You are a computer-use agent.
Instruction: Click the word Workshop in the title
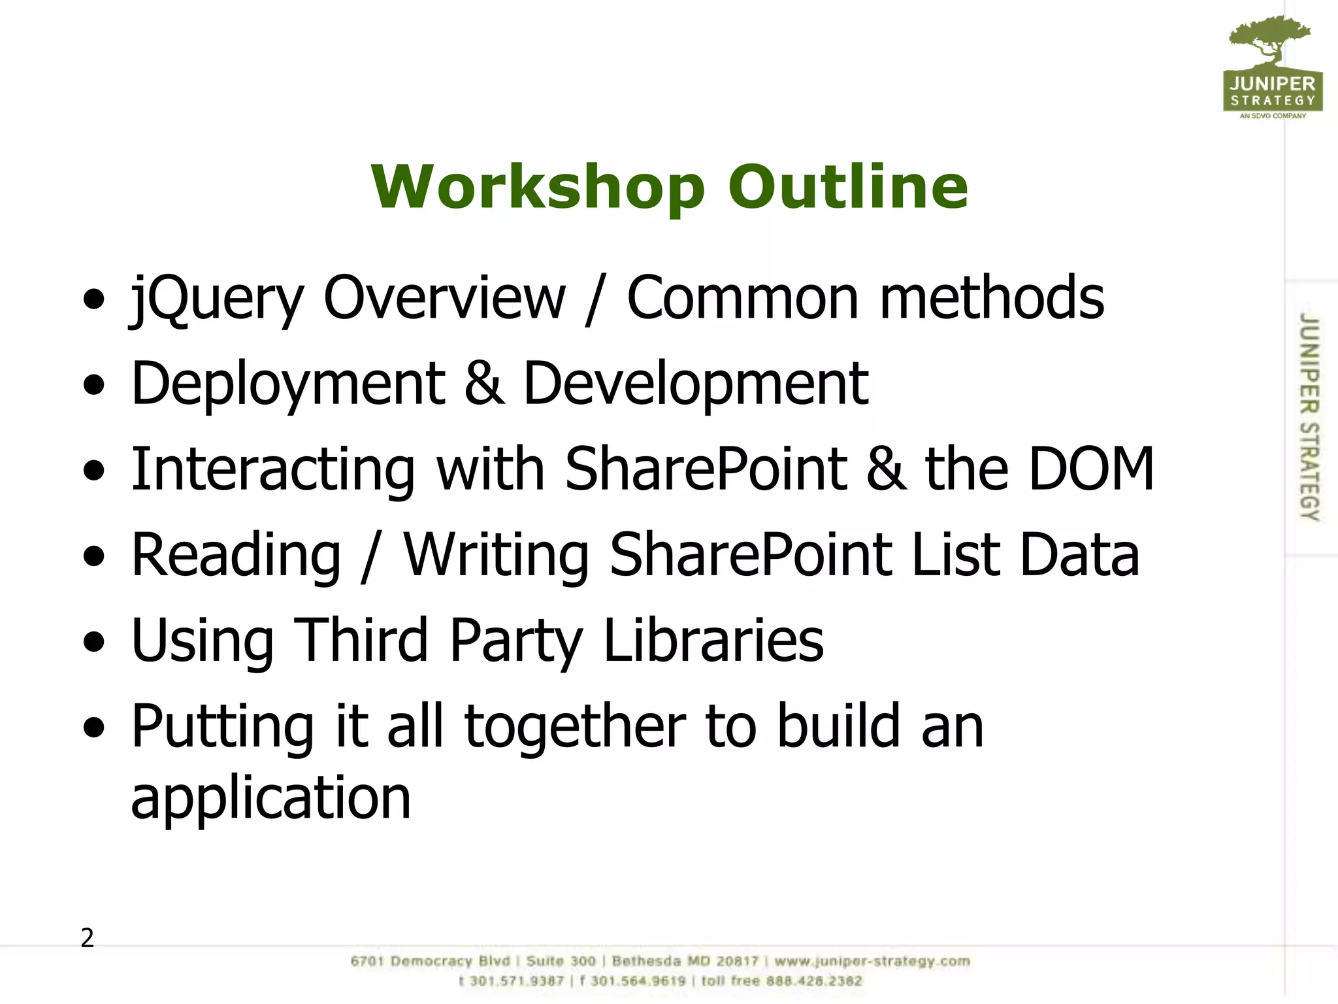(537, 188)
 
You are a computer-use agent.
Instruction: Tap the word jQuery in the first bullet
(218, 299)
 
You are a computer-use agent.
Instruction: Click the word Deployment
(288, 385)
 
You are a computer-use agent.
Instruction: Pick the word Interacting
(273, 471)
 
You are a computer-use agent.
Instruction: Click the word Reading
(236, 556)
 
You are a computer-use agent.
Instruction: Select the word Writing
(496, 556)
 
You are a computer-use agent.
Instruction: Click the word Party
(515, 642)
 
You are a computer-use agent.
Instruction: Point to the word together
(575, 728)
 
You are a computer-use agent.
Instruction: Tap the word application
(271, 799)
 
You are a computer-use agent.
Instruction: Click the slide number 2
(87, 938)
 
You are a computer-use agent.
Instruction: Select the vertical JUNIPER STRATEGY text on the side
(1309, 416)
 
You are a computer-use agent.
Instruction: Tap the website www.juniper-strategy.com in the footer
(872, 962)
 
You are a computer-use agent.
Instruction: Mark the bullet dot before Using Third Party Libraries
(94, 642)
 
